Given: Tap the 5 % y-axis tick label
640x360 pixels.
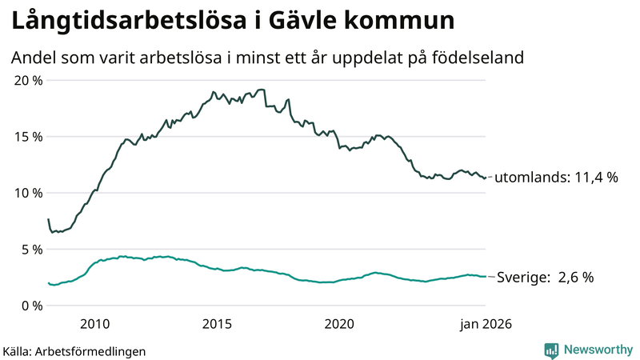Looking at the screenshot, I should point(32,250).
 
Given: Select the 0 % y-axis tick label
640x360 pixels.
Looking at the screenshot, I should point(32,306).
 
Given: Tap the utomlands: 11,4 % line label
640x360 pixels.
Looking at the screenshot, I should point(556,178).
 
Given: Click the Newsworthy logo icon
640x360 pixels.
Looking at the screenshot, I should point(551,350).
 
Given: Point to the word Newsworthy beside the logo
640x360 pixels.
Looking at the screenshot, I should point(597,350).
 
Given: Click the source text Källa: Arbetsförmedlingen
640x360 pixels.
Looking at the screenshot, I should point(74,350).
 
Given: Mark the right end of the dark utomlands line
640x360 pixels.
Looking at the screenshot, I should point(486,178).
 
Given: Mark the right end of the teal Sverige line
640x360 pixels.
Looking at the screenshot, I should point(486,277).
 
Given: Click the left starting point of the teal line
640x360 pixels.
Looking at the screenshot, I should point(48,282).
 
